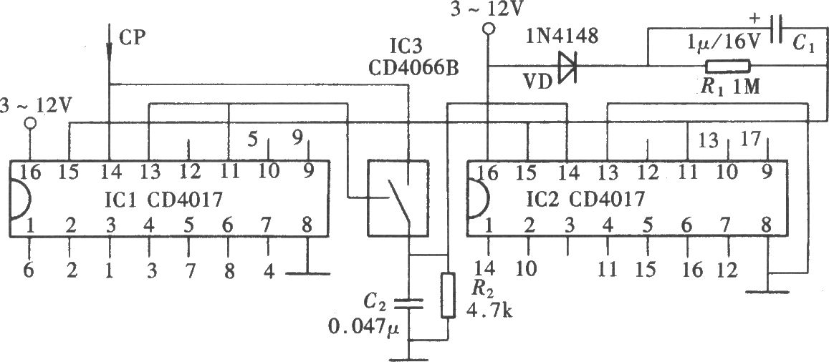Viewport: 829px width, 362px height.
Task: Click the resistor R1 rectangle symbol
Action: (728, 67)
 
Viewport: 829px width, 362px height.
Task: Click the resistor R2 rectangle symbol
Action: (448, 295)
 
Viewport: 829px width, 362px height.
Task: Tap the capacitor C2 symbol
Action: (408, 303)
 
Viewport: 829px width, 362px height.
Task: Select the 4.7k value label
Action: (489, 312)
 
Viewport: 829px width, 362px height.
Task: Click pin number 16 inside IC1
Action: (30, 172)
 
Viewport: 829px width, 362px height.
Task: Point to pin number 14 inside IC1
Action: (110, 172)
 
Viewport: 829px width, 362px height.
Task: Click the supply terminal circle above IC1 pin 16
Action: (30, 123)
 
